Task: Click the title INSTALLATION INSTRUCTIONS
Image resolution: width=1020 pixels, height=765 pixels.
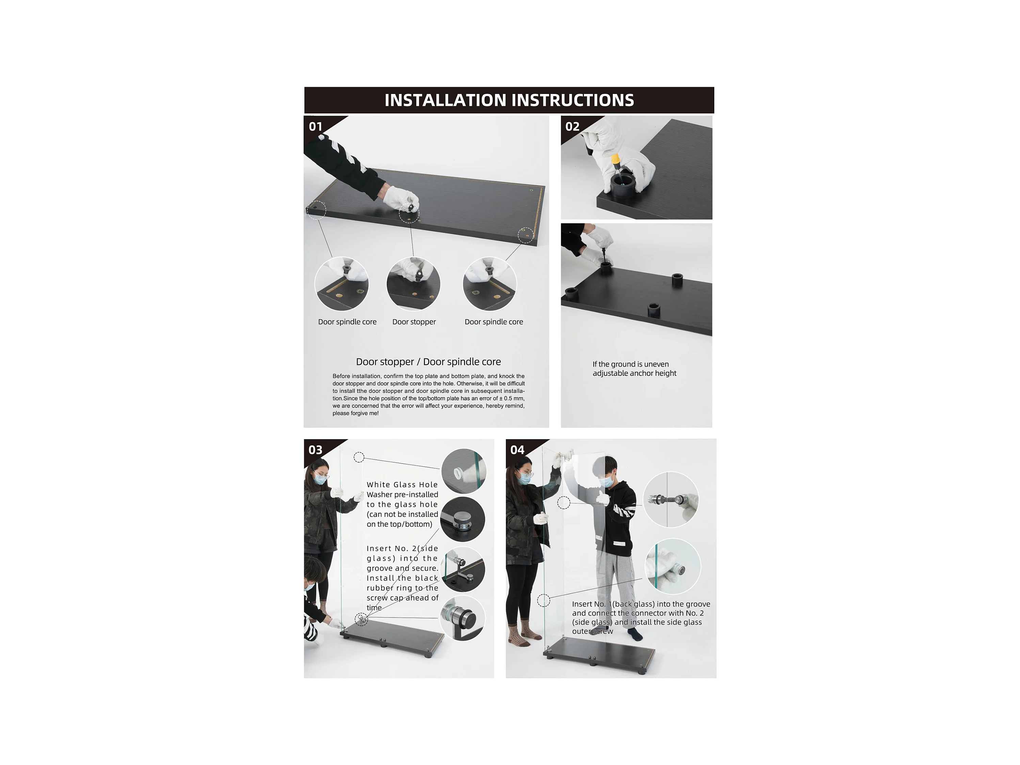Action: [x=509, y=100]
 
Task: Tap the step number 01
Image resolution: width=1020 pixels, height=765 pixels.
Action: [x=315, y=126]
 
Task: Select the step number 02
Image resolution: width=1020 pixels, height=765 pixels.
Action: [x=572, y=126]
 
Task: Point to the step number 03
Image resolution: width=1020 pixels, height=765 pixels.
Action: [x=315, y=450]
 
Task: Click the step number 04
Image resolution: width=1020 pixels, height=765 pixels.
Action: [x=517, y=450]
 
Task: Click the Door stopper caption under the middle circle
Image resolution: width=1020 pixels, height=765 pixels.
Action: [x=414, y=322]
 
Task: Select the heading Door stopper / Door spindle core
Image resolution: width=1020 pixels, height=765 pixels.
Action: [x=428, y=362]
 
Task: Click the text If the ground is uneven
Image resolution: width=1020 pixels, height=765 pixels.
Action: [x=631, y=364]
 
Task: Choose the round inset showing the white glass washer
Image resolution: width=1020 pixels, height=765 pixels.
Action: [x=463, y=471]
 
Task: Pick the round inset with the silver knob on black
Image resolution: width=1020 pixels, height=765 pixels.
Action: [x=462, y=519]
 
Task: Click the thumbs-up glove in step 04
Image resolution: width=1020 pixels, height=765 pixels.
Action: [x=604, y=497]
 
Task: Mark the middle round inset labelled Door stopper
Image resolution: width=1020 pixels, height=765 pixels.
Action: [x=414, y=284]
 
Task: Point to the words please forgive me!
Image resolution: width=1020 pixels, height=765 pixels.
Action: [x=355, y=413]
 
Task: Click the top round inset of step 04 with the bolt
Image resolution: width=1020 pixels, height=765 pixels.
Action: [x=671, y=499]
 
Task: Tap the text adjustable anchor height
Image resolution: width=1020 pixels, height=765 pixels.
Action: [x=635, y=373]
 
